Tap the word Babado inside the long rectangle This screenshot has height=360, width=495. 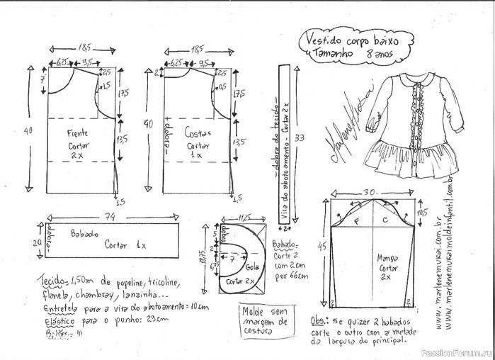[x=84, y=232]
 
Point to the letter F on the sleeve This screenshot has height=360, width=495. [x=358, y=220]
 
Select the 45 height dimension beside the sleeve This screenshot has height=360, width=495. [x=323, y=246]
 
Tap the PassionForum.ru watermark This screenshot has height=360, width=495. [x=456, y=351]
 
